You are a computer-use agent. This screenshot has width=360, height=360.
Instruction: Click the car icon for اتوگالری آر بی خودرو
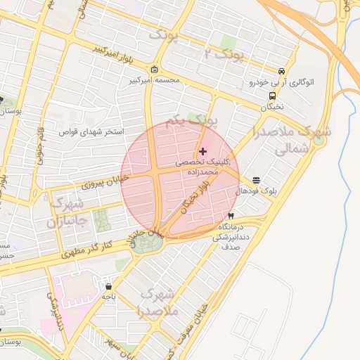tap(281, 71)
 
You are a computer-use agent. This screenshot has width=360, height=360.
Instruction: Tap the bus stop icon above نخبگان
tap(271, 96)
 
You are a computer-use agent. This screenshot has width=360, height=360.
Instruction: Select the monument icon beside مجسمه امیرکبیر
tap(155, 70)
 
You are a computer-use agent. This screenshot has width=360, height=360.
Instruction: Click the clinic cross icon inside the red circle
tap(203, 151)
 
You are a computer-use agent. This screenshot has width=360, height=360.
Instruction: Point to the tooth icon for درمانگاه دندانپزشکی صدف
tap(231, 215)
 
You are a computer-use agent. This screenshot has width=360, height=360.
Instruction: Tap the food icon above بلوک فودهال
tap(256, 180)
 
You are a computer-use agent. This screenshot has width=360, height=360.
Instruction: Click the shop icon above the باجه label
tap(108, 286)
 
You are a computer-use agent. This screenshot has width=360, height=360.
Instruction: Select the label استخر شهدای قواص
tap(91, 131)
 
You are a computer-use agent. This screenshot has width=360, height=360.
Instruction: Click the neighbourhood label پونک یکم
tap(191, 122)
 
